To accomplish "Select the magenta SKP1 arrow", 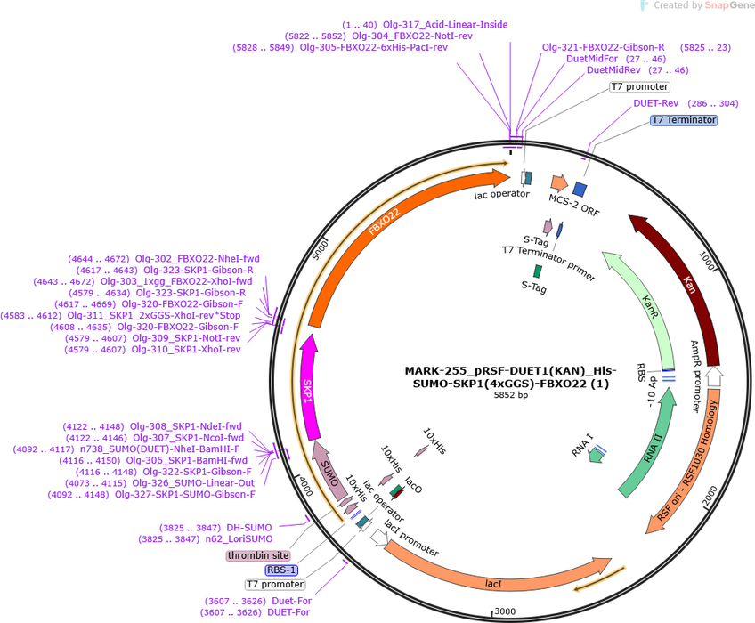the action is [308, 387].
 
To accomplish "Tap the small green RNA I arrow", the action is [597, 455].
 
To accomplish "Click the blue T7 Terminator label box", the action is [684, 120].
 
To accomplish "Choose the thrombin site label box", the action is [258, 555].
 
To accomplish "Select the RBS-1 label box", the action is [281, 570].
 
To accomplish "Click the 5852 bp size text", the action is [511, 395].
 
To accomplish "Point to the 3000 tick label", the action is [505, 611].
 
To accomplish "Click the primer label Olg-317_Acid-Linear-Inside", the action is [445, 25].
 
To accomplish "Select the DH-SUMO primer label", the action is [249, 528].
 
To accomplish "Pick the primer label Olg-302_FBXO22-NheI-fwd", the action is [197, 258].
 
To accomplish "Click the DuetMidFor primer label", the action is [592, 59].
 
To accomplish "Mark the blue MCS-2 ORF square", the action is [580, 190].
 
